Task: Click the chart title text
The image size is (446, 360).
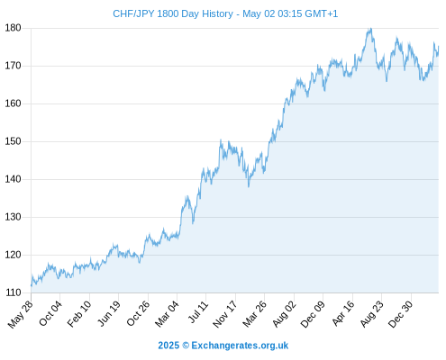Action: click(x=225, y=13)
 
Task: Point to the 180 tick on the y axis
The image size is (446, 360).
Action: click(x=13, y=28)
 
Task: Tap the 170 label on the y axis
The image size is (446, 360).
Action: click(x=13, y=66)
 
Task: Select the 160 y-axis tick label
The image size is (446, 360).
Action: click(x=13, y=103)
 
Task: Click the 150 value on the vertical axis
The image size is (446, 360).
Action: click(x=13, y=141)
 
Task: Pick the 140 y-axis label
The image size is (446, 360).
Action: click(x=13, y=179)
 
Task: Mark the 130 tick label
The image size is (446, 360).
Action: click(x=13, y=217)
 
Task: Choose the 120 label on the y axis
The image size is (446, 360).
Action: click(x=13, y=255)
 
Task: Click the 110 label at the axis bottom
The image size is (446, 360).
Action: click(x=13, y=292)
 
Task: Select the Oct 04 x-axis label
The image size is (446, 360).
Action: click(x=50, y=313)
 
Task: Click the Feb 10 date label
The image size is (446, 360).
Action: click(x=79, y=313)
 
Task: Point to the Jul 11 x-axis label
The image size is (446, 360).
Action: click(x=198, y=311)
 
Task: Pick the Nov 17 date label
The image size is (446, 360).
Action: click(x=225, y=314)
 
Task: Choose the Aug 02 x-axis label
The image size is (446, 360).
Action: click(x=284, y=313)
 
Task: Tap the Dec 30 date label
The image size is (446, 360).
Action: click(x=400, y=313)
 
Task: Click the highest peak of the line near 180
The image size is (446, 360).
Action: click(x=371, y=29)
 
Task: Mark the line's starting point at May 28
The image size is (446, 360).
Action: click(x=32, y=285)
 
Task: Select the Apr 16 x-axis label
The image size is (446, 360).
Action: click(x=343, y=313)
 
